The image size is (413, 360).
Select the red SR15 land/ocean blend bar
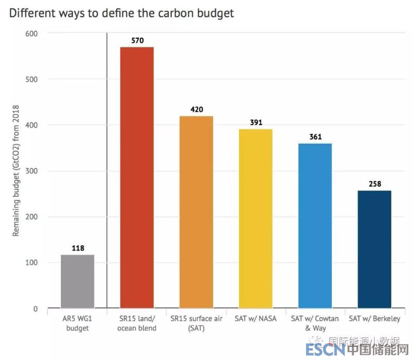[x=137, y=178]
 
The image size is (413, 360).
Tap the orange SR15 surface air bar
[x=196, y=212]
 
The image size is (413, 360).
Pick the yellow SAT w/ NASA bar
[x=256, y=219]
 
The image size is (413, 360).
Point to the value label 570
[x=137, y=40]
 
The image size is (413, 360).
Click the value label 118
[x=77, y=247]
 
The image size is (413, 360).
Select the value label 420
[x=196, y=109]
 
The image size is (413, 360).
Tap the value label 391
[x=256, y=122]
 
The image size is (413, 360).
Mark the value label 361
[x=315, y=136]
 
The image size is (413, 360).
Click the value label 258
[x=374, y=184]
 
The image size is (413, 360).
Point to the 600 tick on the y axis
[x=32, y=33]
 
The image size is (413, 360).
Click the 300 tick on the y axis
[x=32, y=171]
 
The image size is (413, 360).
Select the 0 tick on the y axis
[x=36, y=309]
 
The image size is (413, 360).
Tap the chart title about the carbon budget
[x=121, y=13]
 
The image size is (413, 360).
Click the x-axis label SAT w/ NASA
[x=256, y=319]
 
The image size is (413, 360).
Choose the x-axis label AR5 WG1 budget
[x=77, y=323]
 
